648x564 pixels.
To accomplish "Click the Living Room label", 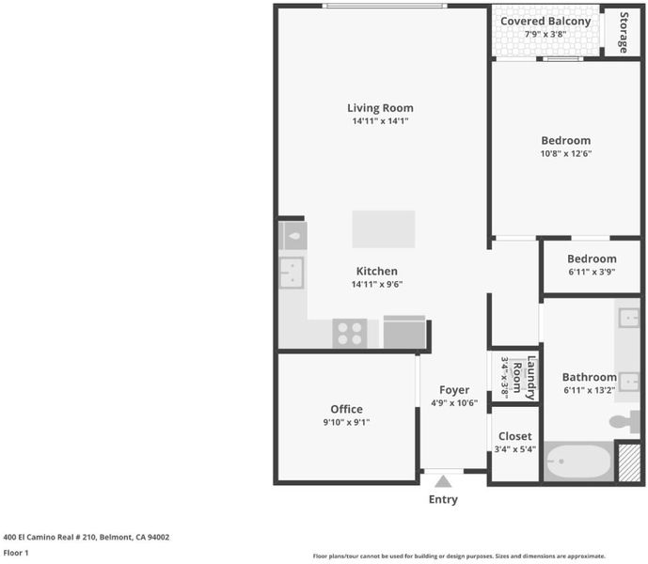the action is click(x=380, y=108).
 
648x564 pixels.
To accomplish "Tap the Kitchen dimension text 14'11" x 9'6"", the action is click(x=377, y=284).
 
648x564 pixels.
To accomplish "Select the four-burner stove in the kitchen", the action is click(x=350, y=334).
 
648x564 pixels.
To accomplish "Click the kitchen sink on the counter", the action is click(x=292, y=273).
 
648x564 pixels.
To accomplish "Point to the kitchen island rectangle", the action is click(x=384, y=229).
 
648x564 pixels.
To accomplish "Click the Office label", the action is click(x=347, y=409).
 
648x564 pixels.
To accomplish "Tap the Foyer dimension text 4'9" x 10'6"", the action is click(x=454, y=403).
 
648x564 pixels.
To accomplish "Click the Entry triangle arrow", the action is click(x=443, y=481).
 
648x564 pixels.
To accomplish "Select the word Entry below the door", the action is click(x=443, y=499).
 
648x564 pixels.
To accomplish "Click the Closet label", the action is click(x=515, y=436).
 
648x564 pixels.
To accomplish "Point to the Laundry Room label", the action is click(x=524, y=378).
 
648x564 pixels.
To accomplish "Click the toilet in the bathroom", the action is click(x=624, y=421).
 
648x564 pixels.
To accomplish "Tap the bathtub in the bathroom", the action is click(x=578, y=462).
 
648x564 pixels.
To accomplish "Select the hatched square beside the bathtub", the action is click(x=630, y=462).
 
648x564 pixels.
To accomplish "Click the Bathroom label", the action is click(x=590, y=377).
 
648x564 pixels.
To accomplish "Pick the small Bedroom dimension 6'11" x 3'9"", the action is click(x=592, y=272).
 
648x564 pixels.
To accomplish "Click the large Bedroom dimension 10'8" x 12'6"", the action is click(x=566, y=154).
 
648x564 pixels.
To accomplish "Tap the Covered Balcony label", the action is click(x=545, y=21).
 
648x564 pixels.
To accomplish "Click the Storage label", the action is click(x=624, y=32).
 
